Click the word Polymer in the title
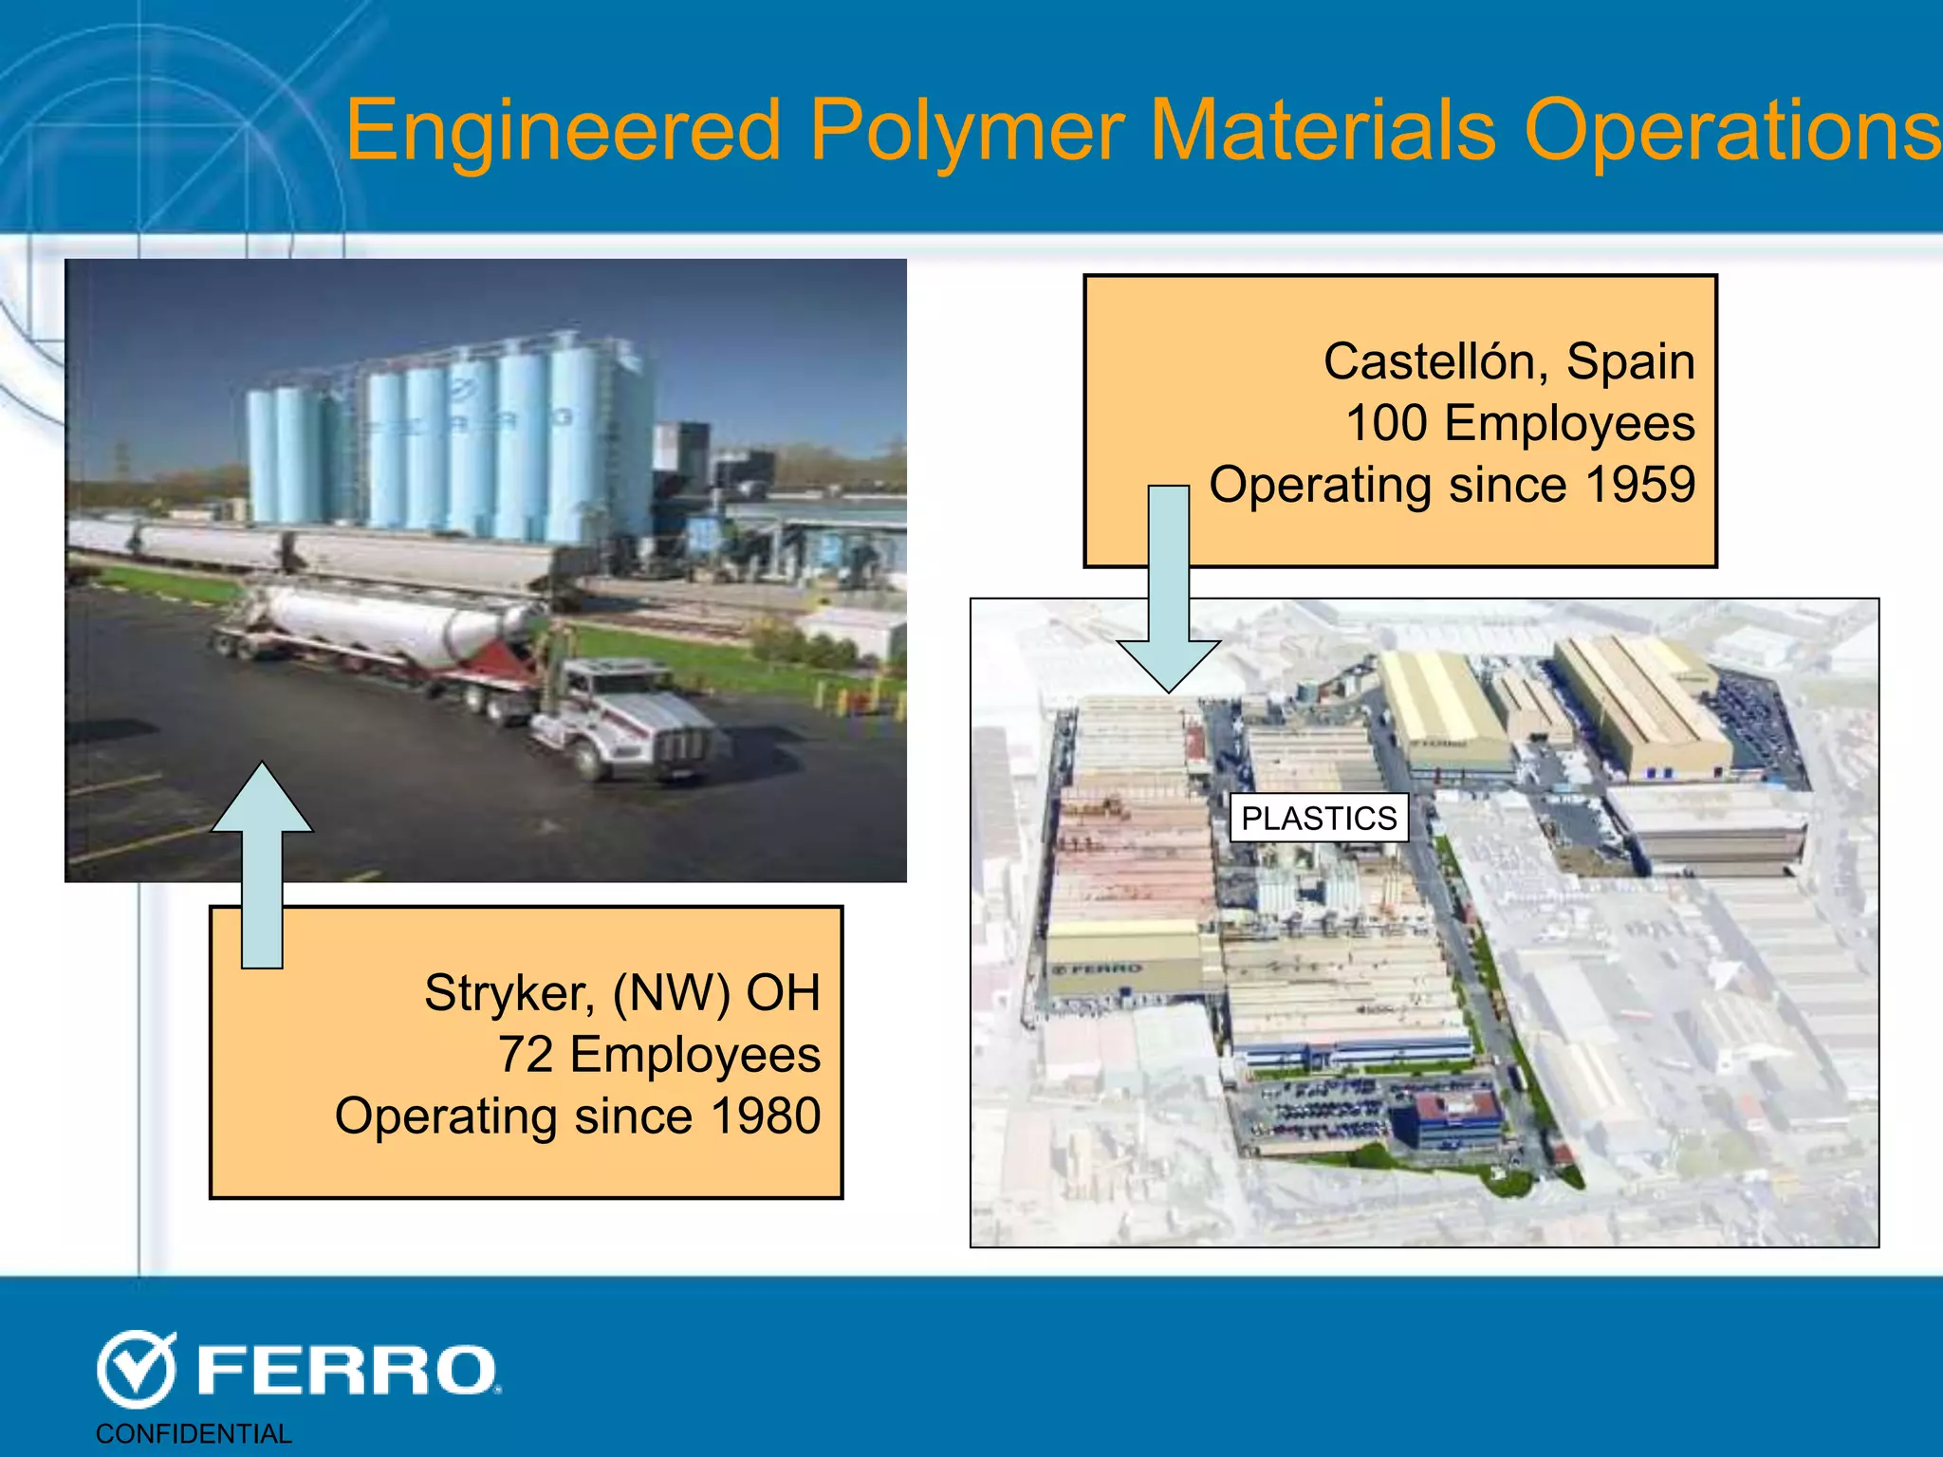click(x=967, y=132)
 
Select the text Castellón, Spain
click(x=1508, y=361)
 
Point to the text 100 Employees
click(x=1520, y=423)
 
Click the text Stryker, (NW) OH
click(x=621, y=993)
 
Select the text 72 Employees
click(x=658, y=1055)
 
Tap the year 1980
click(x=766, y=1116)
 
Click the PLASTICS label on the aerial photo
click(x=1319, y=818)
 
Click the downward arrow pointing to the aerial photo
click(x=1169, y=588)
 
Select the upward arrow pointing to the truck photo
click(x=262, y=863)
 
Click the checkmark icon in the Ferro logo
click(x=137, y=1369)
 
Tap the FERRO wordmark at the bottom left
click(x=347, y=1372)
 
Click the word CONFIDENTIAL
click(x=194, y=1433)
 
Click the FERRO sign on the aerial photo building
click(x=1098, y=968)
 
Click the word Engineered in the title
click(x=564, y=132)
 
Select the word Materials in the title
click(x=1323, y=132)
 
